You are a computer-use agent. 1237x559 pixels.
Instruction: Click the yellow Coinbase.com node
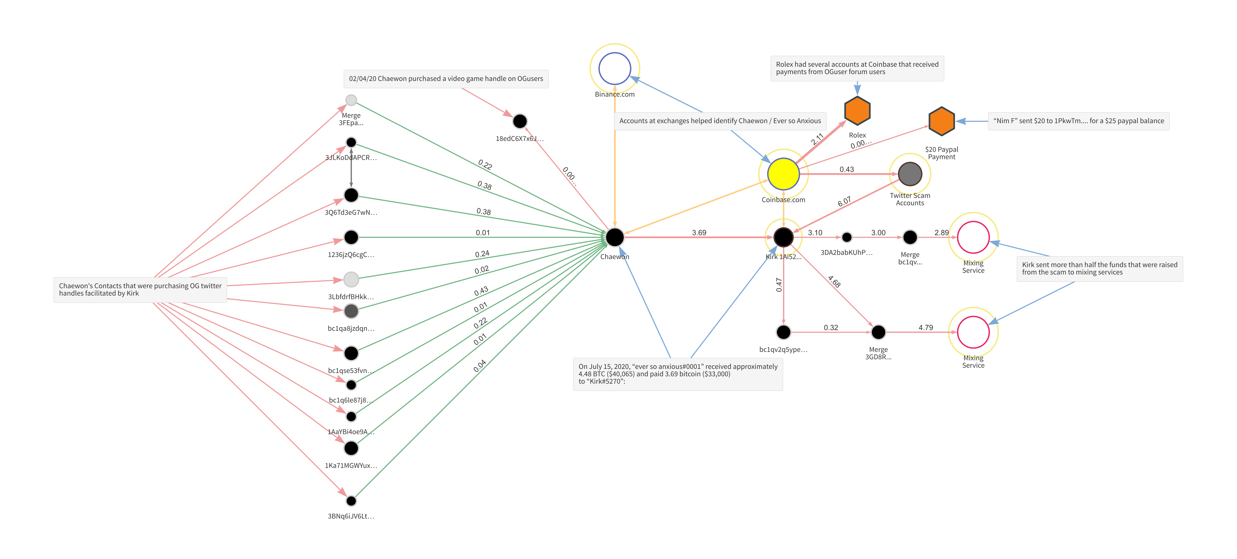pyautogui.click(x=783, y=174)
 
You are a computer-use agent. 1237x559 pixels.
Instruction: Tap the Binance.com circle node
pyautogui.click(x=615, y=69)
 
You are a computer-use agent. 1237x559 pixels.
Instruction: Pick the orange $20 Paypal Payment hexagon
pyautogui.click(x=941, y=121)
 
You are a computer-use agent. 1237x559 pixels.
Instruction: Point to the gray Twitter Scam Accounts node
pyautogui.click(x=910, y=174)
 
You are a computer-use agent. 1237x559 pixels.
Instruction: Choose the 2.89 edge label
pyautogui.click(x=941, y=233)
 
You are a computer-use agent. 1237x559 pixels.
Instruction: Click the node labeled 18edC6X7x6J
pyautogui.click(x=520, y=121)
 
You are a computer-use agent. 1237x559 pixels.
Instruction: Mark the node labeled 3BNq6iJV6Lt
pyautogui.click(x=351, y=501)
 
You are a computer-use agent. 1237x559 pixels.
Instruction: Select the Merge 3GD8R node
pyautogui.click(x=878, y=332)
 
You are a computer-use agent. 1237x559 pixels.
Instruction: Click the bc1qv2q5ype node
pyautogui.click(x=783, y=332)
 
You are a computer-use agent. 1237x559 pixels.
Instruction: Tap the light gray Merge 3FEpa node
pyautogui.click(x=351, y=100)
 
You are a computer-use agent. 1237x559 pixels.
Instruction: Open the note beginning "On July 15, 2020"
pyautogui.click(x=678, y=374)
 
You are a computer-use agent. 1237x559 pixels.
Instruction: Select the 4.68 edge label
pyautogui.click(x=834, y=281)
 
